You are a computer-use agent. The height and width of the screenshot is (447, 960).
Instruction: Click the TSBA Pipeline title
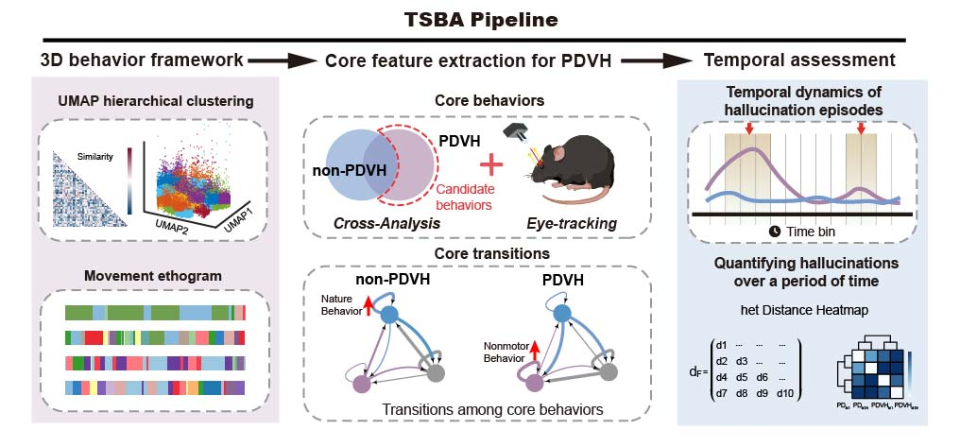point(481,20)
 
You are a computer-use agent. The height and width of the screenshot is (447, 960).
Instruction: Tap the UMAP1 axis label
point(240,218)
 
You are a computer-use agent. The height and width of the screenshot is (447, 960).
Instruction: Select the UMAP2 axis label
point(172,224)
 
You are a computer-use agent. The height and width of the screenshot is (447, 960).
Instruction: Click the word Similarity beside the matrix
point(96,157)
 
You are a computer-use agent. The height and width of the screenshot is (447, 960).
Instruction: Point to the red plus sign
point(491,164)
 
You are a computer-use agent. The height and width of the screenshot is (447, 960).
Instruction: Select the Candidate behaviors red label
point(465,198)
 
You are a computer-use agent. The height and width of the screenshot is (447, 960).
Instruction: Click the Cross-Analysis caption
point(387,224)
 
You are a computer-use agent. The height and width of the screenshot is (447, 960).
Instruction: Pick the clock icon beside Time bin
point(775,232)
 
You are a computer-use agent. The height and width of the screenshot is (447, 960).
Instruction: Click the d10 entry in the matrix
point(784,394)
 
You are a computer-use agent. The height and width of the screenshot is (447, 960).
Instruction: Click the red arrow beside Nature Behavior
point(368,303)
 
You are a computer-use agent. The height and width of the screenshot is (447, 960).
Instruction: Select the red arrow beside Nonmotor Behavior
point(534,352)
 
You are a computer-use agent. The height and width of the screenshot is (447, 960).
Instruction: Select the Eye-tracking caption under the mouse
point(572,224)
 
